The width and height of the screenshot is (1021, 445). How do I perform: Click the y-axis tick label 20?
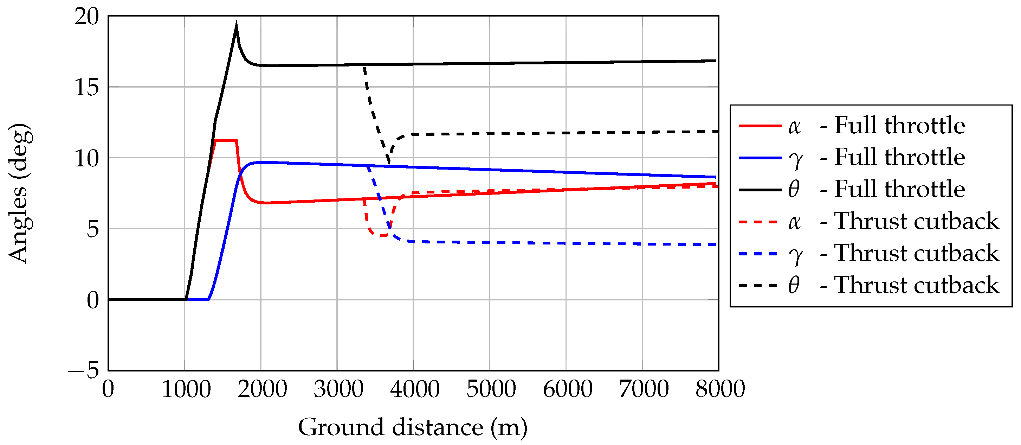pyautogui.click(x=86, y=17)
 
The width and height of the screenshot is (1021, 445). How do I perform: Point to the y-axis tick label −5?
pyautogui.click(x=84, y=370)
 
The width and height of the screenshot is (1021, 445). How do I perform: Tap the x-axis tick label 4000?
pyautogui.click(x=415, y=389)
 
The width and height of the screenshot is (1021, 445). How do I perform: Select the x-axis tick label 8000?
pyautogui.click(x=720, y=389)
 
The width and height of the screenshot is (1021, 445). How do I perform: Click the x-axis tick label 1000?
pyautogui.click(x=186, y=389)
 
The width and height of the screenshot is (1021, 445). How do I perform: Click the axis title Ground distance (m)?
pyautogui.click(x=413, y=427)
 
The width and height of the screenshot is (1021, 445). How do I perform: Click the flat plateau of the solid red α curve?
pyautogui.click(x=226, y=140)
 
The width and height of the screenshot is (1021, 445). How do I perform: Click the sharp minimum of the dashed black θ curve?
pyautogui.click(x=389, y=164)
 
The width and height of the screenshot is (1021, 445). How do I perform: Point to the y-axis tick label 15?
pyautogui.click(x=86, y=87)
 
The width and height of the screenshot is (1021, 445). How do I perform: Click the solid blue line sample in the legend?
pyautogui.click(x=760, y=158)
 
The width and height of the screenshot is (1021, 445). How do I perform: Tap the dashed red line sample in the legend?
pyautogui.click(x=760, y=222)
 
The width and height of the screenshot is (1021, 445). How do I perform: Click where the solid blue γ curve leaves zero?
pyautogui.click(x=208, y=299)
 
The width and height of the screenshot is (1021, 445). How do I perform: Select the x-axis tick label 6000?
pyautogui.click(x=567, y=389)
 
